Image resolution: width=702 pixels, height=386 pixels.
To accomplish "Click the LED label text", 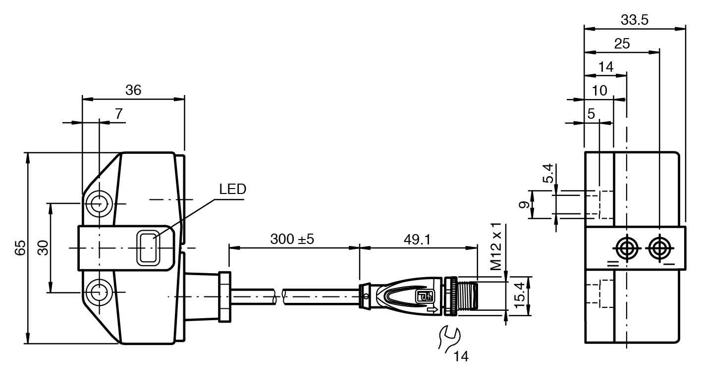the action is click(x=232, y=189).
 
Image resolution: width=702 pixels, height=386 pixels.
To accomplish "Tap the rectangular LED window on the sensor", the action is click(x=148, y=248).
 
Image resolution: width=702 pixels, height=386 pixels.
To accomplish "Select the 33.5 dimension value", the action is click(x=634, y=20).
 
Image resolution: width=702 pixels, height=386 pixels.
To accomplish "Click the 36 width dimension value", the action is click(x=133, y=90).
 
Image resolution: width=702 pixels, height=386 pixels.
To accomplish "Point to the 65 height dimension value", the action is click(x=20, y=248).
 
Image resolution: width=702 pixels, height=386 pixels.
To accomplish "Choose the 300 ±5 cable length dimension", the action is click(x=292, y=239).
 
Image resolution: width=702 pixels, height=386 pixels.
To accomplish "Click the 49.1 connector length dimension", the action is click(x=417, y=240).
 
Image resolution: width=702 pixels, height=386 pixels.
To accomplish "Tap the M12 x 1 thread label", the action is click(x=496, y=246).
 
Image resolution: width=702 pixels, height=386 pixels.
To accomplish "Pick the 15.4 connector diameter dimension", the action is click(x=519, y=295).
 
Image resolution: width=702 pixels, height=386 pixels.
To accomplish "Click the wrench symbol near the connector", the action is click(x=449, y=339).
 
